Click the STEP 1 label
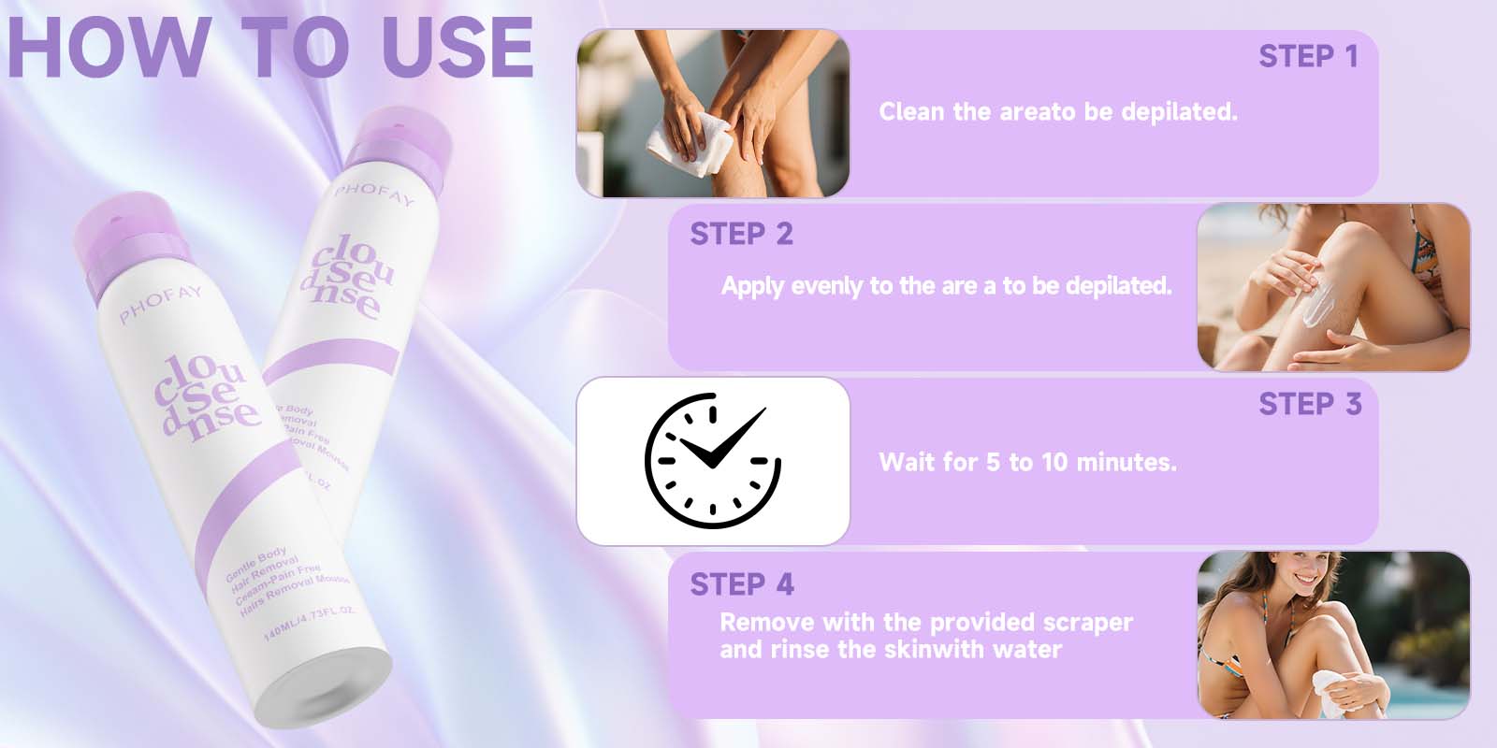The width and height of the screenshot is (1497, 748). coord(1307,57)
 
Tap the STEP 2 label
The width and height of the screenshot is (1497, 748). coord(741,234)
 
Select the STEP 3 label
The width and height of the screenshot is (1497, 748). coord(1309,404)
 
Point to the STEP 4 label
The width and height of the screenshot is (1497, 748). coord(741,584)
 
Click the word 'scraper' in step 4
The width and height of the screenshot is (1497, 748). coord(1086,623)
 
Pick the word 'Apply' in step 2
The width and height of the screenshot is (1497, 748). coord(751,286)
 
